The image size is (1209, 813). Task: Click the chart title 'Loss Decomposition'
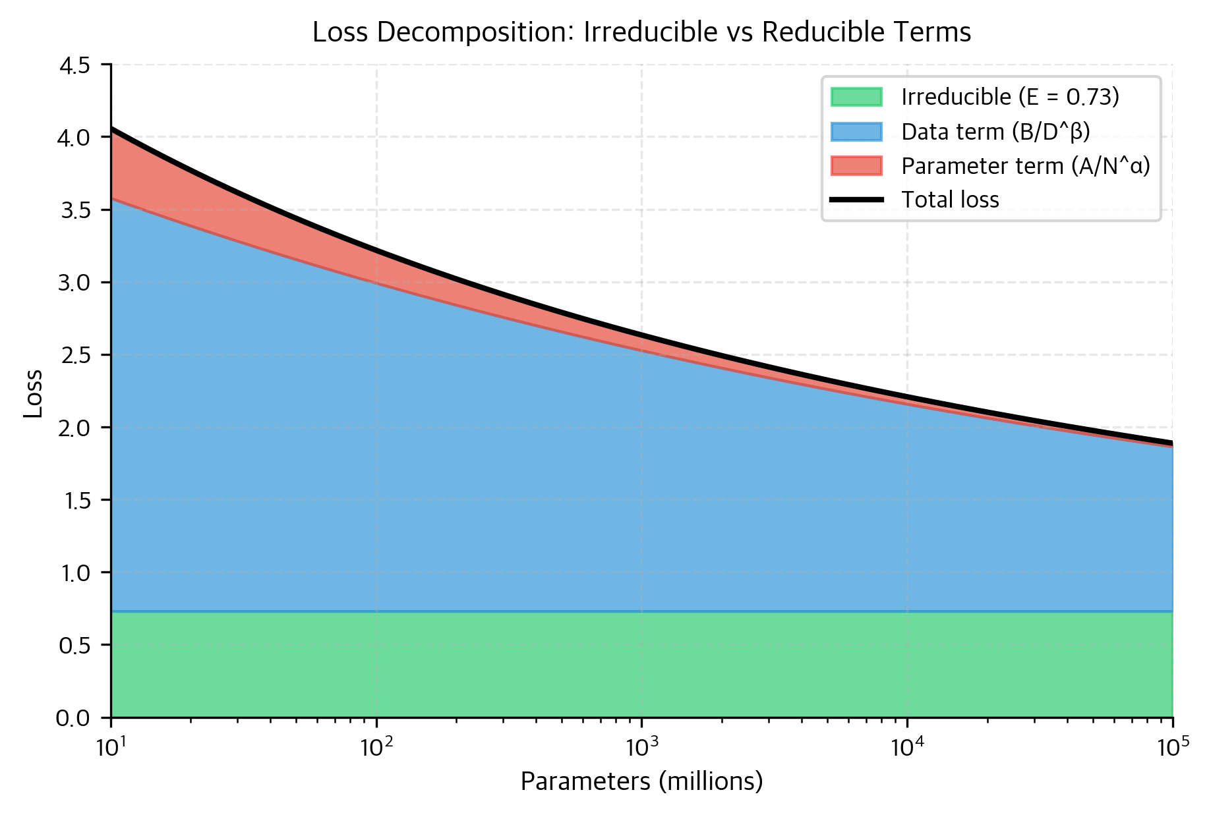[641, 32]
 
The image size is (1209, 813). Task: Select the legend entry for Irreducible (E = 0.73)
[1010, 97]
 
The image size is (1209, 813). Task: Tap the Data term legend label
[995, 132]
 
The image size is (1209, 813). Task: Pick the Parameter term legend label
[1025, 166]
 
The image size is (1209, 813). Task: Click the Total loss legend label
[950, 200]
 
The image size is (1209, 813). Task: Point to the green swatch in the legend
[856, 97]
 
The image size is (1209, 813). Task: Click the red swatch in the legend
[856, 166]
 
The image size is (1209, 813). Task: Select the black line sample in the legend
[856, 200]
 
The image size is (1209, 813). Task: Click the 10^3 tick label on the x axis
[641, 747]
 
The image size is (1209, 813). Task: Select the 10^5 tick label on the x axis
[1172, 747]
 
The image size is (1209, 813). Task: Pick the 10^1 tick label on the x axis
[111, 747]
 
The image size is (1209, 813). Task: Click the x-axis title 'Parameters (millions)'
[641, 782]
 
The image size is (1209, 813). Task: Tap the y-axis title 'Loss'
[33, 393]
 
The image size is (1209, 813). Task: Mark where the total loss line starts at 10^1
[112, 129]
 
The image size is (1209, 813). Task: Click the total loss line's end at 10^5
[1171, 443]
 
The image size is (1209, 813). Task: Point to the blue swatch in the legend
[856, 132]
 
